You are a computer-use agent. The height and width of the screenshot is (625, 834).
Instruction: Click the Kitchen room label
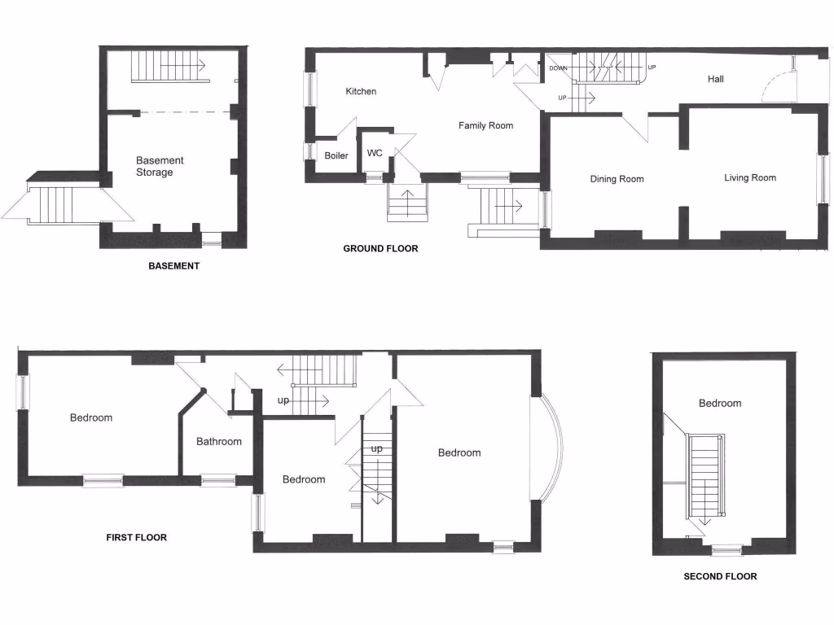coord(361,91)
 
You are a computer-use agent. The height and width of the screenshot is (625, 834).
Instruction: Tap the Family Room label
coord(485,125)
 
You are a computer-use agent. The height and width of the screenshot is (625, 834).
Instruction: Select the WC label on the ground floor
coord(375,152)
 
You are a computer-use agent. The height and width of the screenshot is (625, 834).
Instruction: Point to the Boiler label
coord(336,155)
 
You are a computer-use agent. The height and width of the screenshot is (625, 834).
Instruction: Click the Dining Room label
coord(617,179)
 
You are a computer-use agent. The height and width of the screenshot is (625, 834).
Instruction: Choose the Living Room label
coord(750,177)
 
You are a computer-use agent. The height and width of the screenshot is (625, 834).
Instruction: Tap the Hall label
coord(715,79)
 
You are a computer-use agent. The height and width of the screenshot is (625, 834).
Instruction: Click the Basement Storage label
coord(160,166)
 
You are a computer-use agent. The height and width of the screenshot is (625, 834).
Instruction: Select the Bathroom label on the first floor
coord(219,442)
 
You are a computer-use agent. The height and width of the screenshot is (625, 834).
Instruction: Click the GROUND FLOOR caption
coord(380,248)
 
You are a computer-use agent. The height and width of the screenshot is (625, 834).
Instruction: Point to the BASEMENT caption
coord(173,266)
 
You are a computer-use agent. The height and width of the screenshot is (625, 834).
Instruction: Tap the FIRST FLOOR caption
coord(137,537)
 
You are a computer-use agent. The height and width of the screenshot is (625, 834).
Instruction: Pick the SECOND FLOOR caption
coord(720,576)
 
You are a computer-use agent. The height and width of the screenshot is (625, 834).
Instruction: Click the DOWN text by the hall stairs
coord(558,68)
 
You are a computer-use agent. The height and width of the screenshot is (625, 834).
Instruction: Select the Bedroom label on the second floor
coord(720,403)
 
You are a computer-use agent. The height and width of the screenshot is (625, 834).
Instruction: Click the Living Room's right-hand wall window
coord(823,179)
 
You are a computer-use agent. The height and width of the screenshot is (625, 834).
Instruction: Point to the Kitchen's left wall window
coord(309,90)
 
